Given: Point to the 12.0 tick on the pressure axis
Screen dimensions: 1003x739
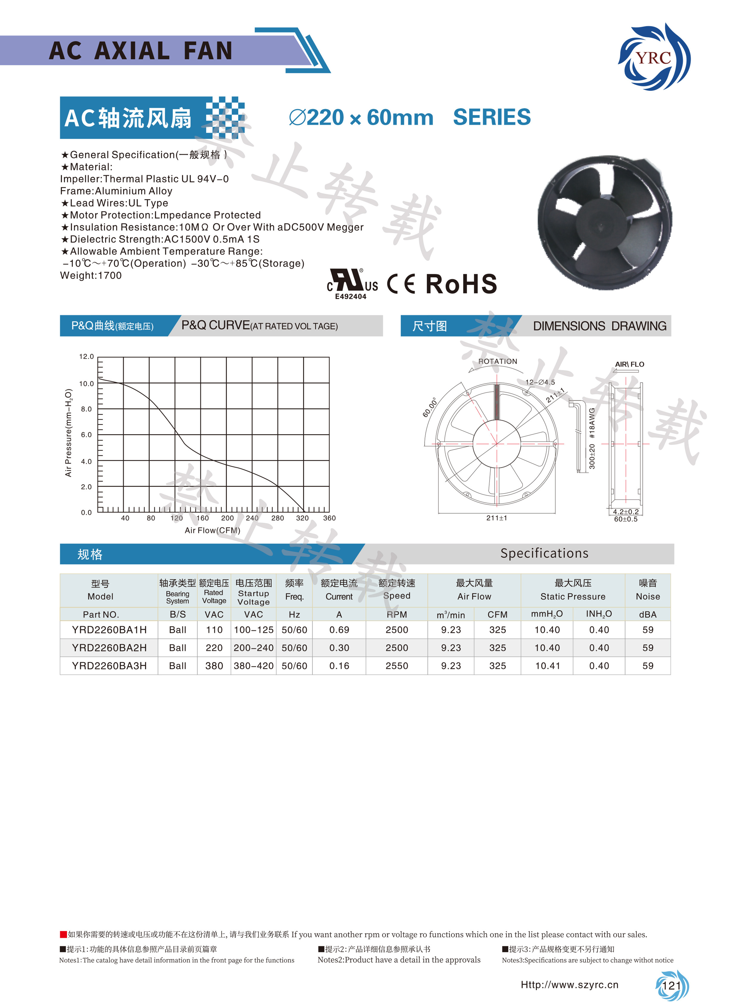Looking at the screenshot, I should [x=86, y=357].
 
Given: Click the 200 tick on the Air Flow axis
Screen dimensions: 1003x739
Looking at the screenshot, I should [x=227, y=518].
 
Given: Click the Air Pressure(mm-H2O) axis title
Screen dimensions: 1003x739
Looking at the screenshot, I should [x=69, y=432].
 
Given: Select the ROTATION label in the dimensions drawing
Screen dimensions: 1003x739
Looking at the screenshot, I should [x=497, y=361].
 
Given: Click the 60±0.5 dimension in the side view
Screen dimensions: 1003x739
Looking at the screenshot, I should [x=625, y=519].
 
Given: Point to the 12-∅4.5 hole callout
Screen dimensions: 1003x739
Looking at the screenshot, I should [x=540, y=382].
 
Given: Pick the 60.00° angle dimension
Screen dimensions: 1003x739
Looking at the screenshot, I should [x=430, y=407].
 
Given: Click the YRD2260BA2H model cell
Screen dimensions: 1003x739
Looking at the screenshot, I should [x=109, y=648].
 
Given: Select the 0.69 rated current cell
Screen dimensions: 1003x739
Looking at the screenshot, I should [x=339, y=630].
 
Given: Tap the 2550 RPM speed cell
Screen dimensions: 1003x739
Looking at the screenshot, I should [x=397, y=666].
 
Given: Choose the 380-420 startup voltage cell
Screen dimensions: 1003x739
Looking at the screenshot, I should [x=254, y=666].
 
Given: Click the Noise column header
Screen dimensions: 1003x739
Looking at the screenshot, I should [x=648, y=590].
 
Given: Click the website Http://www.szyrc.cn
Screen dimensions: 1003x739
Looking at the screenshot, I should [x=569, y=985].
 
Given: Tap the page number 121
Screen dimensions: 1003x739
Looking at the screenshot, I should [x=671, y=985].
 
